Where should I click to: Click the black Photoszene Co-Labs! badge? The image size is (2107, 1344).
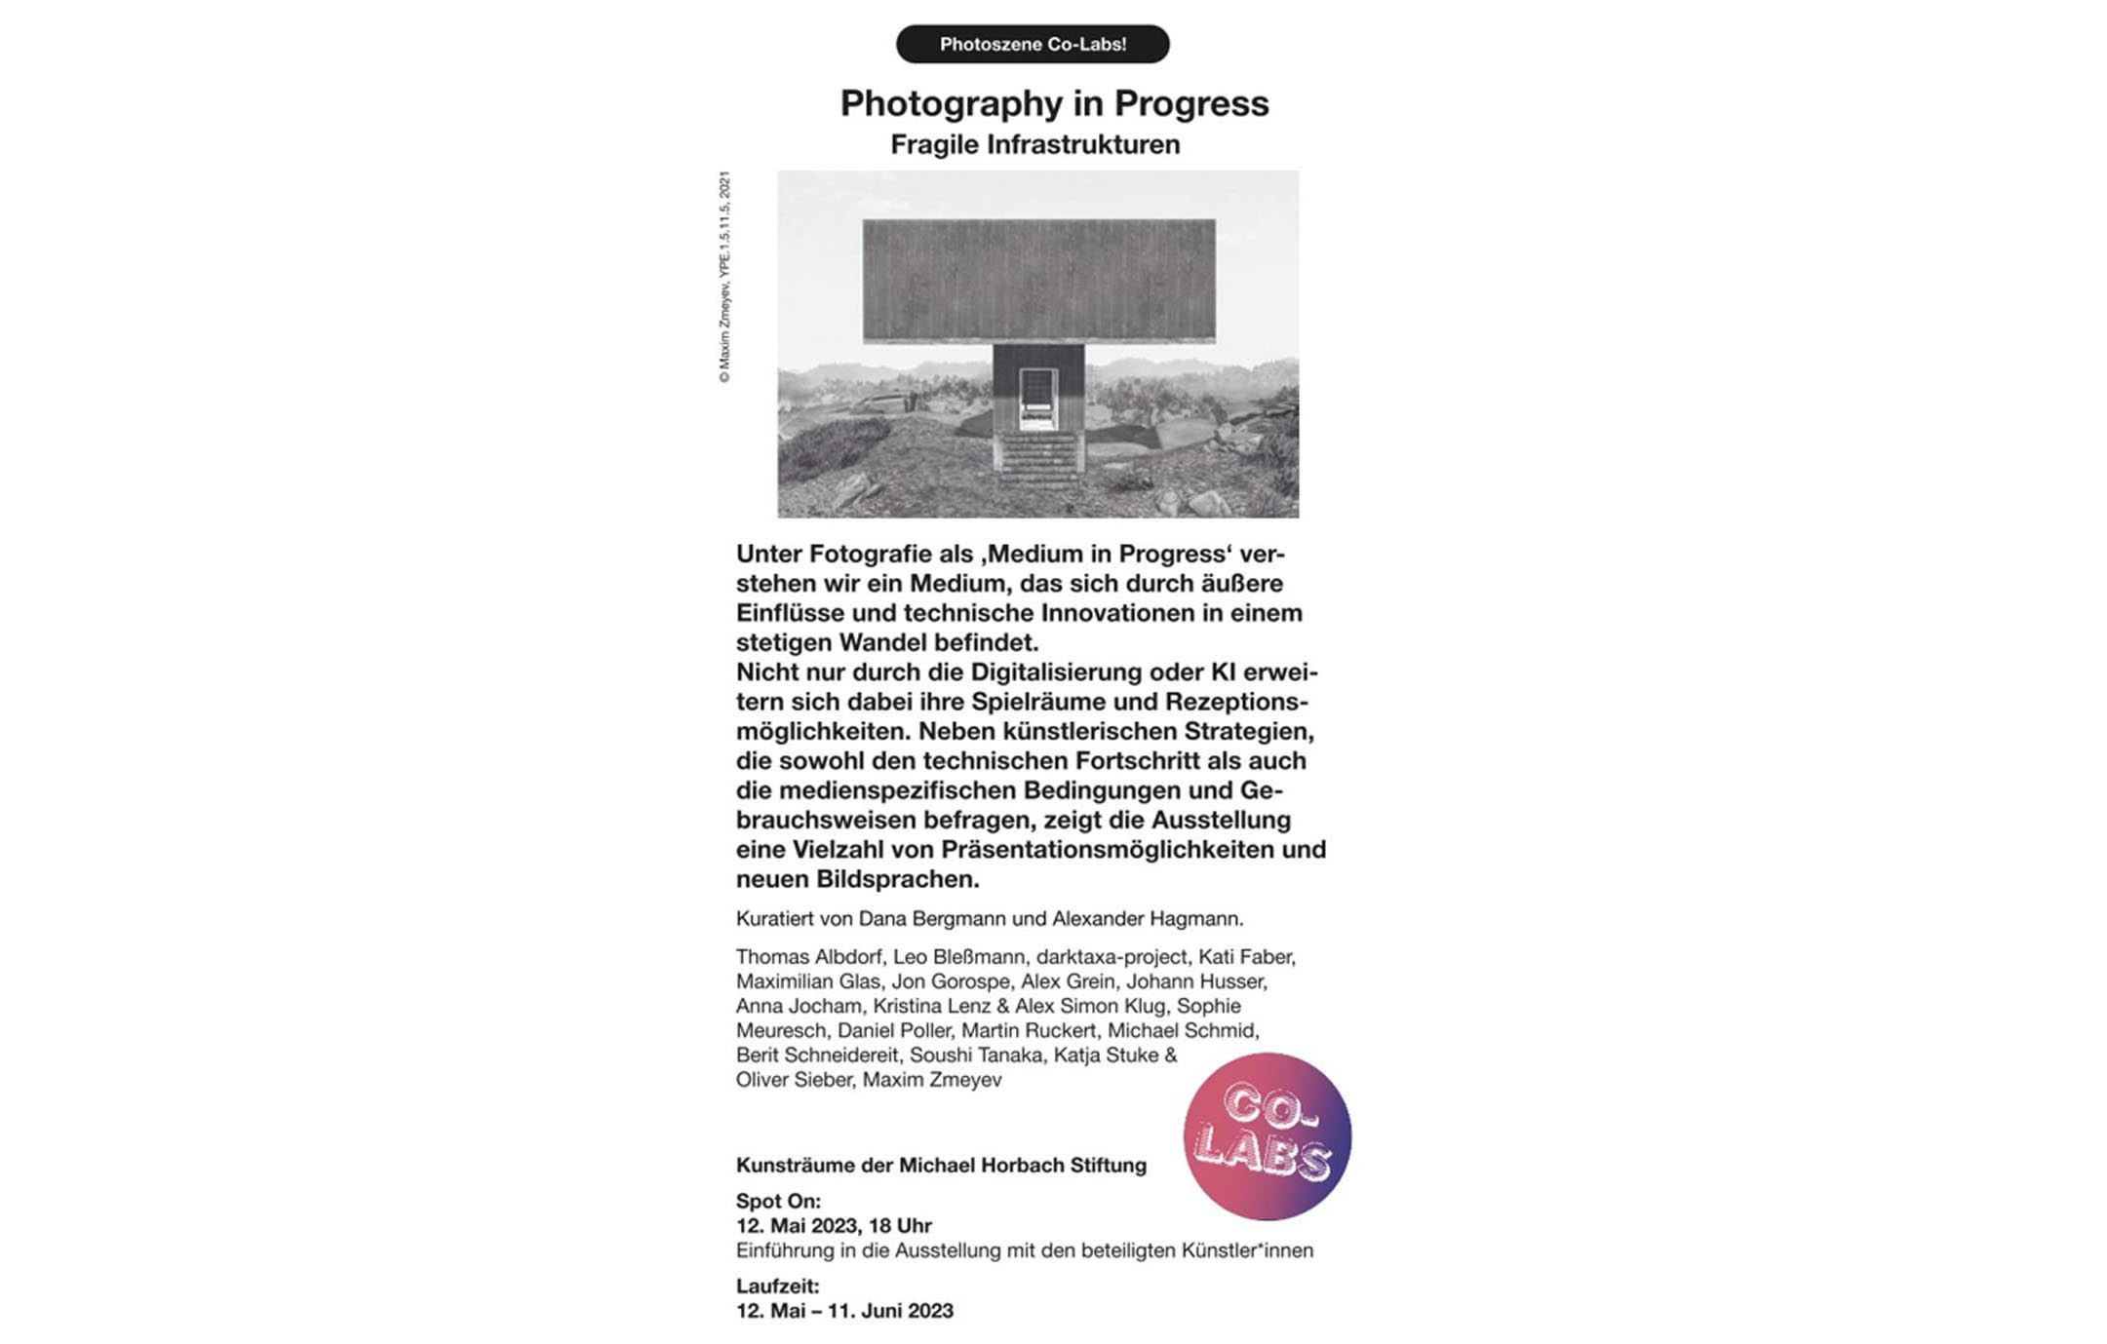(1033, 44)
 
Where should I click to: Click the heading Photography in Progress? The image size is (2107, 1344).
(1054, 103)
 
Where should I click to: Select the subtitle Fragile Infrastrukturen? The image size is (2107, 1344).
(1034, 144)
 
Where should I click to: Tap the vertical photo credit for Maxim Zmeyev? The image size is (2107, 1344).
(724, 277)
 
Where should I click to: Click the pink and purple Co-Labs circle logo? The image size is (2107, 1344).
(1267, 1135)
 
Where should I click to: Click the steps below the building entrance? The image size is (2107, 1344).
(1037, 458)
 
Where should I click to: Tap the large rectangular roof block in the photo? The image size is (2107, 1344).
(1038, 280)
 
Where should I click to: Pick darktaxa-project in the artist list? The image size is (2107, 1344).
(1112, 957)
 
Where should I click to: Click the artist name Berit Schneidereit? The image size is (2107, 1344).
(817, 1055)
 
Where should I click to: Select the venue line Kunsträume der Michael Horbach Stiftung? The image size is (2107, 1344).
(941, 1165)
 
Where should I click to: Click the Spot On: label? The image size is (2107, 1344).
(778, 1201)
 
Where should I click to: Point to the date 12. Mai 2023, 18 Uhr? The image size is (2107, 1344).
(834, 1225)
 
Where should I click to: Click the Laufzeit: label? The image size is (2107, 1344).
(777, 1286)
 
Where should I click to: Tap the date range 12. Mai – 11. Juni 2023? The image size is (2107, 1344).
(844, 1311)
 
